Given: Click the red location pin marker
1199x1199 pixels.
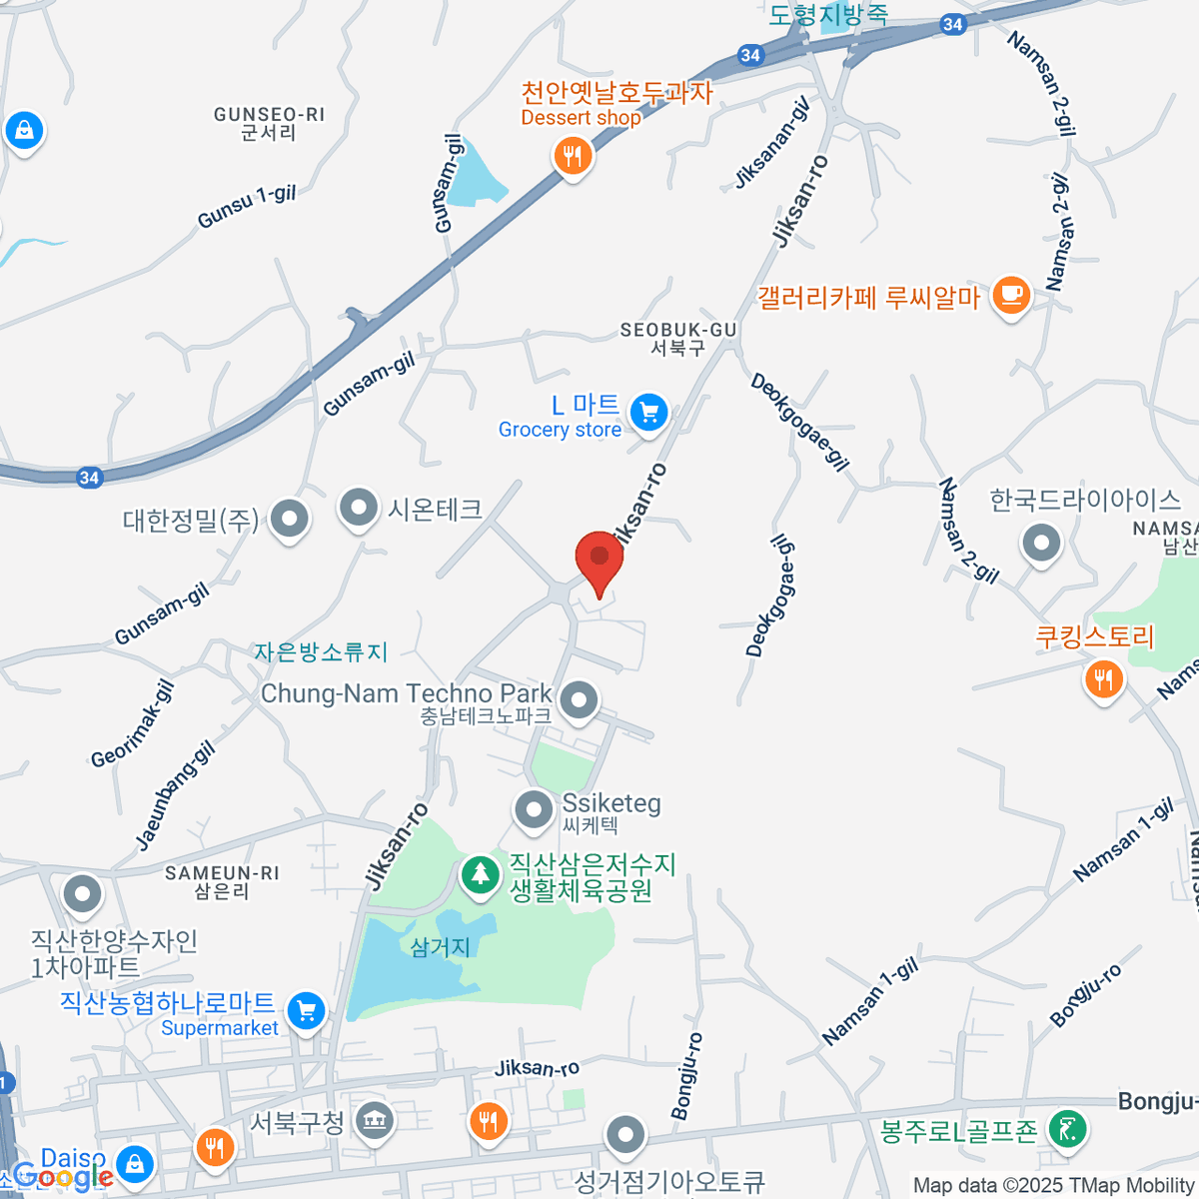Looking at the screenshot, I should click(x=599, y=558).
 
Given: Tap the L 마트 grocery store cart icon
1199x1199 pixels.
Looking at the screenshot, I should click(x=648, y=412).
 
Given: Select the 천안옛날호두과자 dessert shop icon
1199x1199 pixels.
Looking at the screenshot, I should click(x=573, y=156).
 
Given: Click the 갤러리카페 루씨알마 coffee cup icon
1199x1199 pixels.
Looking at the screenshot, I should click(x=1011, y=296).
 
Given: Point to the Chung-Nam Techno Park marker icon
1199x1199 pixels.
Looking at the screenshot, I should click(x=579, y=699).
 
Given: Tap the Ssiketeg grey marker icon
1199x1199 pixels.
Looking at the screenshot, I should click(x=534, y=809).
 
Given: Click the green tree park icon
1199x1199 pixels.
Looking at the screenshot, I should click(x=481, y=874).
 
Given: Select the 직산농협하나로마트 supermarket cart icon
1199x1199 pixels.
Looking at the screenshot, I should click(x=307, y=1011).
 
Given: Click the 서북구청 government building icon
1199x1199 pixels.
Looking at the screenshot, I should click(x=374, y=1121).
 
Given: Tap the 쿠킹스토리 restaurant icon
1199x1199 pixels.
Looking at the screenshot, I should click(x=1103, y=680).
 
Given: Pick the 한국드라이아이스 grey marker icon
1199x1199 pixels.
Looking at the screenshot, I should click(x=1041, y=544).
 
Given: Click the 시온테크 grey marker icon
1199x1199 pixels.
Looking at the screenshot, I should click(x=358, y=508).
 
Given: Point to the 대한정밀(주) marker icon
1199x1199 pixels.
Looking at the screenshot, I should click(x=290, y=518).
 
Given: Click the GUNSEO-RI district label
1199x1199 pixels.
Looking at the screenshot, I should click(x=269, y=123).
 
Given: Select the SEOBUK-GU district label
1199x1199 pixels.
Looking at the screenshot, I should click(x=678, y=338).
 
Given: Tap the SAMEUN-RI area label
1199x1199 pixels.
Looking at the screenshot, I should click(x=222, y=881).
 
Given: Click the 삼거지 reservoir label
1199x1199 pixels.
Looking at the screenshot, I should click(x=440, y=946).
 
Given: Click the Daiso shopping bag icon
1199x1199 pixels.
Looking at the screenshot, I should click(x=134, y=1162).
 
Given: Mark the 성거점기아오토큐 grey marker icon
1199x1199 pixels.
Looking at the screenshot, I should click(x=625, y=1135).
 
